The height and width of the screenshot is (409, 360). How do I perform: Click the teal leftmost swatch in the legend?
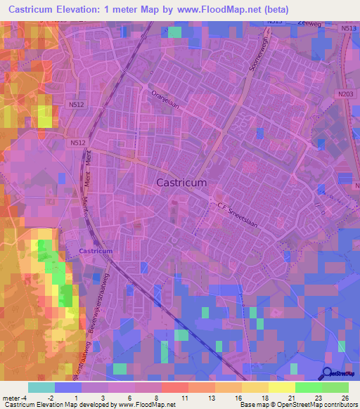tap(41, 387)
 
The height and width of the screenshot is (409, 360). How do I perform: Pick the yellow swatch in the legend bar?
tap(282, 387)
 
